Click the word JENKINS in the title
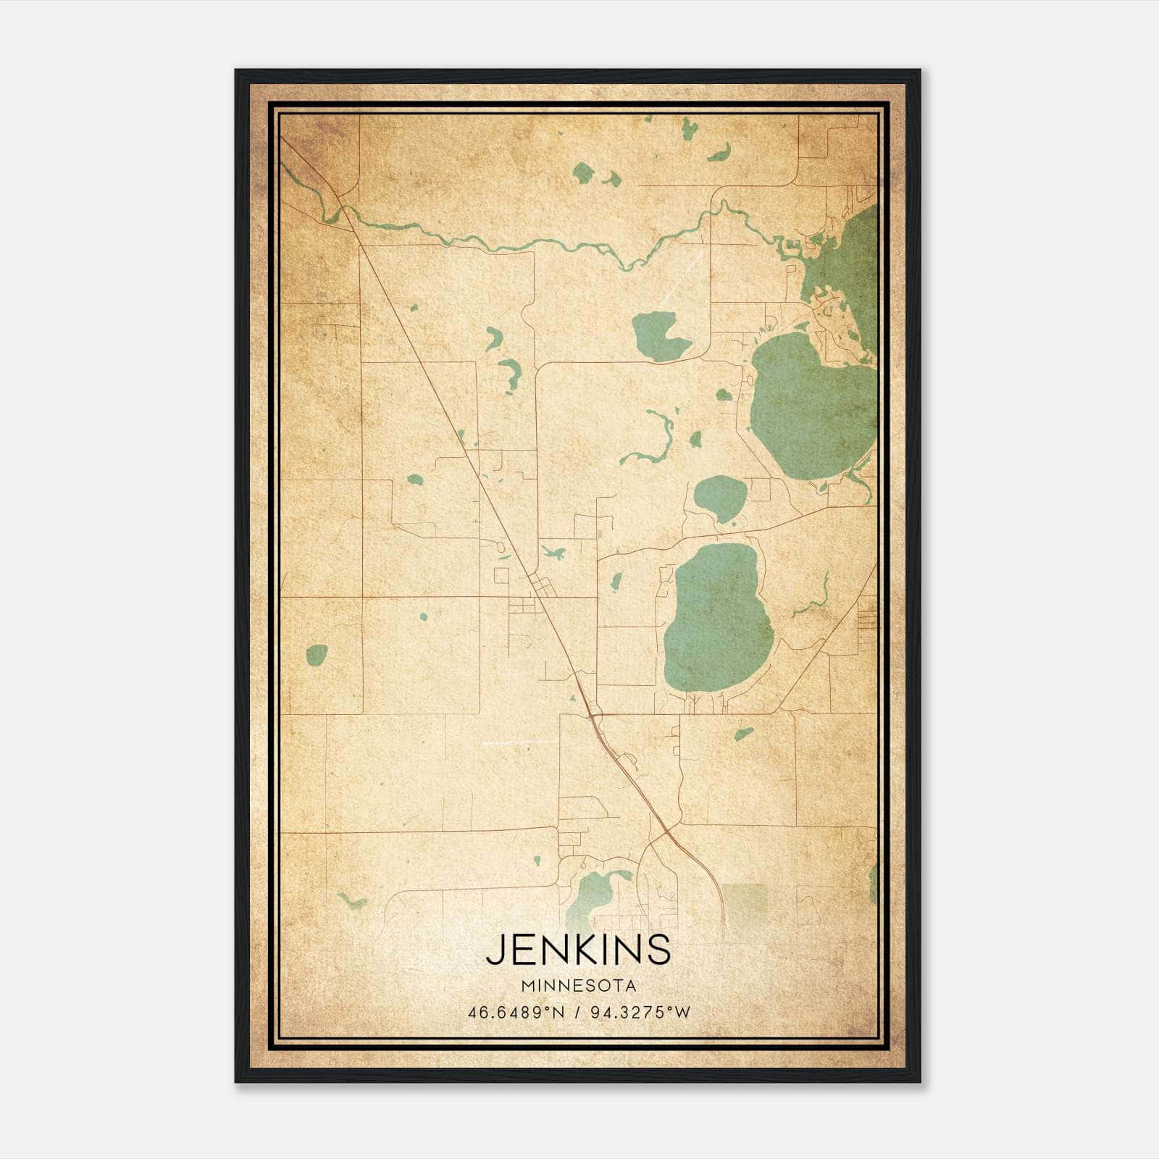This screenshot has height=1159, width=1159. coord(578,950)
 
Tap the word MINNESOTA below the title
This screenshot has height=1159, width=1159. coord(578,986)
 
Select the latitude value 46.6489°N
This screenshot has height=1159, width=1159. coord(516,1012)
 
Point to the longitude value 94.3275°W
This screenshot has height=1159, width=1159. coord(641,1012)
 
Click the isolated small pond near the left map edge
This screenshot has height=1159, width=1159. coord(317,655)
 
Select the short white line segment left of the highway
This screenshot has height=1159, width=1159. coord(519,742)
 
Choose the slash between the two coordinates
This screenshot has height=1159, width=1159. coord(578,1012)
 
